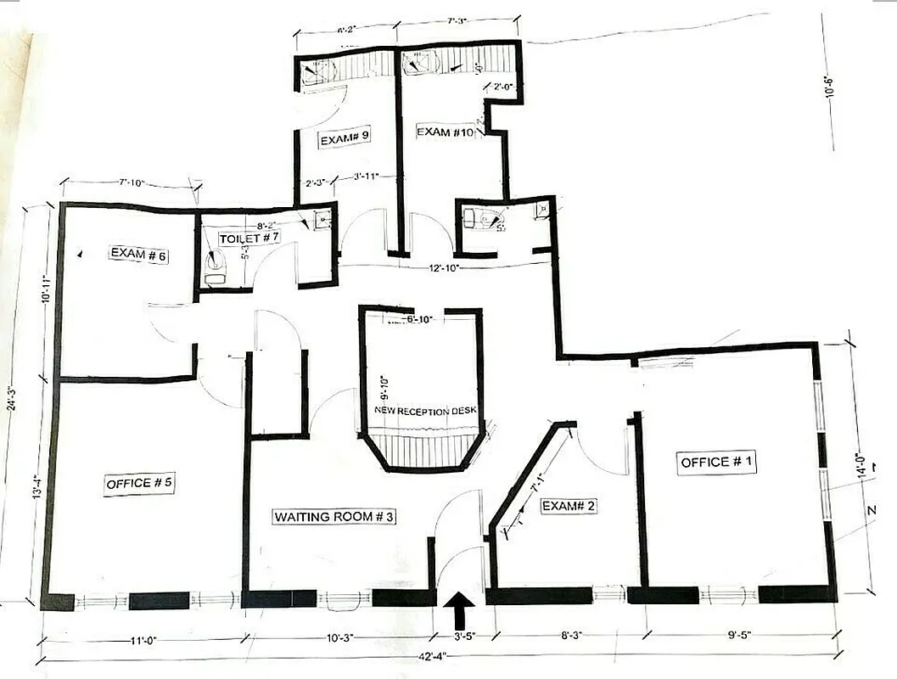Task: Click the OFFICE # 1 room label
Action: pos(717,462)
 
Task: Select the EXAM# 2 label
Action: pos(569,506)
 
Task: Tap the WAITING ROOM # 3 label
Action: pos(334,516)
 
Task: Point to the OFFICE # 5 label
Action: pos(140,483)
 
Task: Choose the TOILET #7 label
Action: pos(250,239)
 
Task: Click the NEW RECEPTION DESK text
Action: pos(426,411)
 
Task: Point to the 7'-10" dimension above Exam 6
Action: pos(132,182)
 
